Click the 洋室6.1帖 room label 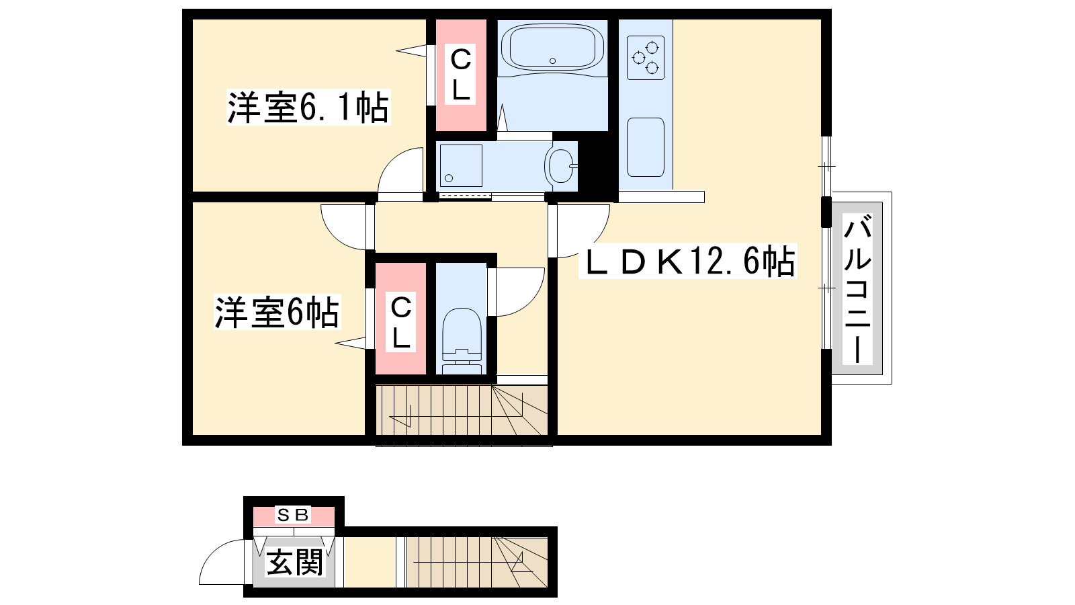pyautogui.click(x=308, y=108)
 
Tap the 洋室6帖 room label pyautogui.click(x=277, y=312)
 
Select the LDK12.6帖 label pyautogui.click(x=688, y=261)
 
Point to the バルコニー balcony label pyautogui.click(x=857, y=290)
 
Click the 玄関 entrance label pyautogui.click(x=294, y=562)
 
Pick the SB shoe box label pyautogui.click(x=293, y=515)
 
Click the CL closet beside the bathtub pyautogui.click(x=460, y=75)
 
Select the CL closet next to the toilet pyautogui.click(x=400, y=318)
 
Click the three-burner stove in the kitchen pyautogui.click(x=646, y=58)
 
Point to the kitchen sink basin pyautogui.click(x=646, y=147)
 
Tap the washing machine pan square pyautogui.click(x=461, y=165)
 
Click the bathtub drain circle pyautogui.click(x=552, y=61)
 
